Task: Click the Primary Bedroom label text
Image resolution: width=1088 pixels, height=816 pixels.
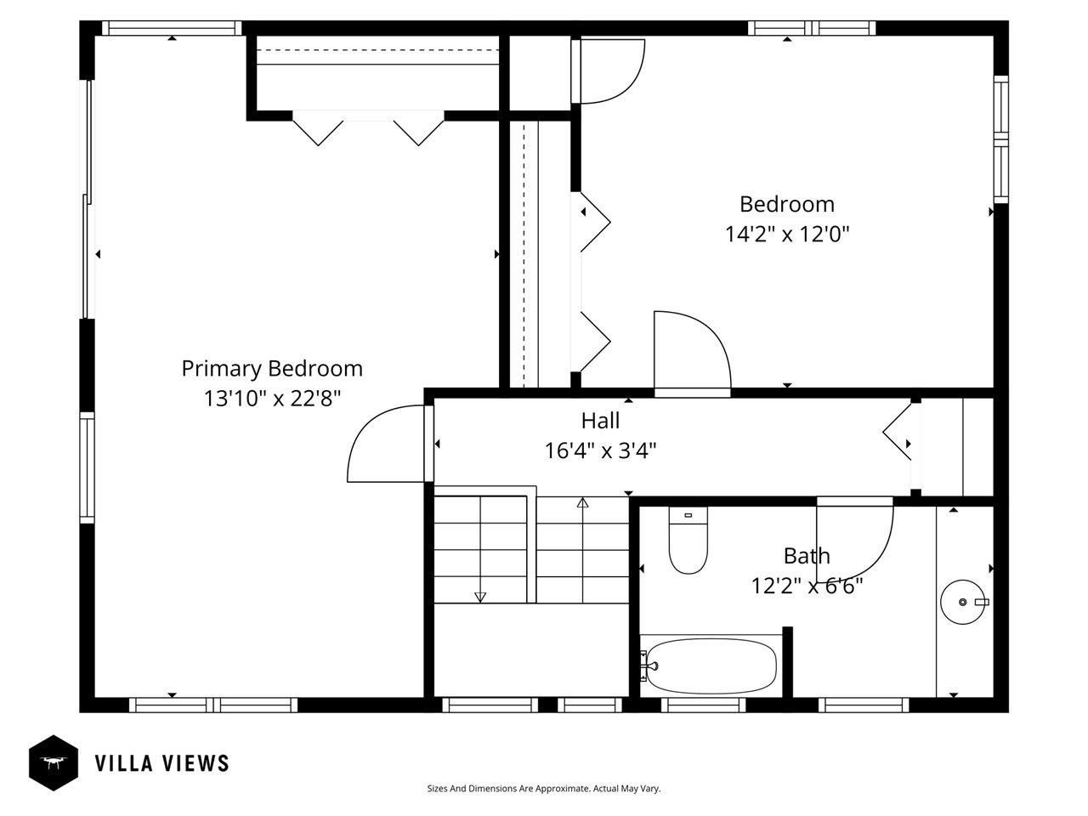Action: click(272, 369)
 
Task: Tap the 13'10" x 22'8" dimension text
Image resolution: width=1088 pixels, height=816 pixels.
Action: click(272, 398)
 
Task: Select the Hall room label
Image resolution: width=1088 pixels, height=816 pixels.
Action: click(600, 421)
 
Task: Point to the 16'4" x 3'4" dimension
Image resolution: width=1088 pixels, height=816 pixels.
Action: click(600, 450)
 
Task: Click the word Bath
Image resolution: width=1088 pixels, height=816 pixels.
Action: click(807, 557)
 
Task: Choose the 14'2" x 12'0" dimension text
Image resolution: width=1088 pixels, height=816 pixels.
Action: click(787, 234)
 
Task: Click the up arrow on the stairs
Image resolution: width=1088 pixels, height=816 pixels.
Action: click(582, 503)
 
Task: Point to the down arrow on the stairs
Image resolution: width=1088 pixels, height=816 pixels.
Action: click(480, 597)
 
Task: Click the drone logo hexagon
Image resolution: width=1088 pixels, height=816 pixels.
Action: click(54, 762)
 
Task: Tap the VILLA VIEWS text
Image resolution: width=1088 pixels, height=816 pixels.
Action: click(161, 763)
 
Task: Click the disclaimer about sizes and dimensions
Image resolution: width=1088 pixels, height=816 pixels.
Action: click(543, 789)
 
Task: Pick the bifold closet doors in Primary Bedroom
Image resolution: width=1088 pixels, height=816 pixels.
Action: click(368, 128)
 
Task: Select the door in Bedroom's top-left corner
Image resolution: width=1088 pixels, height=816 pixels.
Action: click(610, 72)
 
